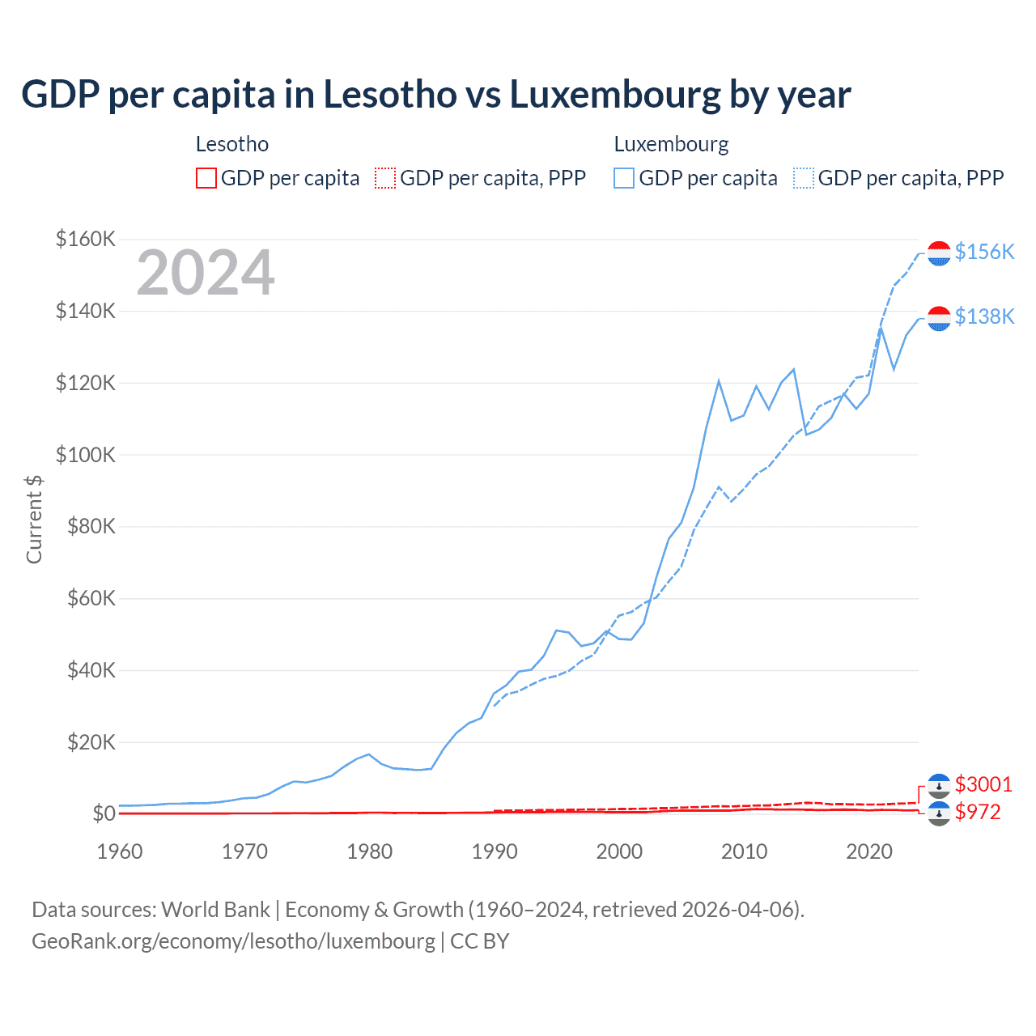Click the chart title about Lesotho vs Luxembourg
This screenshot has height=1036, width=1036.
pos(435,95)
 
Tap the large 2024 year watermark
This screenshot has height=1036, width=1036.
pos(206,274)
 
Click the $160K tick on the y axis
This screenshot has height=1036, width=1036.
pos(86,239)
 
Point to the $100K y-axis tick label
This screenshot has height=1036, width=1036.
pos(86,455)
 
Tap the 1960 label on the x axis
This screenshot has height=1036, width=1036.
pos(120,851)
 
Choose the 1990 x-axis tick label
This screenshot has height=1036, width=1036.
pos(495,851)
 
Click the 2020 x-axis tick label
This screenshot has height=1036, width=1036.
pos(869,851)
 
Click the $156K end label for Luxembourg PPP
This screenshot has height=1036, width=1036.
pos(984,252)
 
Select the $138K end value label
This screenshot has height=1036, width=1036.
pos(984,316)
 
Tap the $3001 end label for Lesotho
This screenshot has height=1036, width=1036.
pos(983,784)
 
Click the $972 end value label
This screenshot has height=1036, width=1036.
pos(978,812)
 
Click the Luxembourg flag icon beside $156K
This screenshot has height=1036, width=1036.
pos(939,253)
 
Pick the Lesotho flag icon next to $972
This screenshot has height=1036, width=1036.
pos(939,813)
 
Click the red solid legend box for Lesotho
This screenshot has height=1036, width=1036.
pos(206,178)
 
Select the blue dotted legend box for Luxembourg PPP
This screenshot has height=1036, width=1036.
pos(804,178)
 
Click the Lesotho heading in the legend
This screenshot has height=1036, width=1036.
pos(232,144)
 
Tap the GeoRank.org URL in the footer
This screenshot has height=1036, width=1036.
pos(233,941)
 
